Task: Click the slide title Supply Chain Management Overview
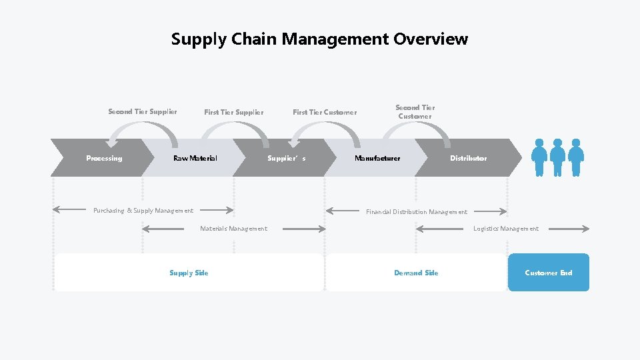tap(319, 39)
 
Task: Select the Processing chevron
tap(104, 158)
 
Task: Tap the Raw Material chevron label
tap(195, 158)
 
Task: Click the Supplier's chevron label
tap(286, 158)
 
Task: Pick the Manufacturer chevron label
tap(377, 158)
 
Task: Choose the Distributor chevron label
tap(468, 158)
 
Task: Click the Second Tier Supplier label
tap(143, 111)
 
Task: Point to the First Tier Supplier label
tap(233, 112)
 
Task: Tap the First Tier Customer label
tap(325, 112)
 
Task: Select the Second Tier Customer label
tap(415, 111)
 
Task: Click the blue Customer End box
tap(548, 273)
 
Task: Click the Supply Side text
tap(189, 273)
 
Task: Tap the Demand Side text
tap(416, 273)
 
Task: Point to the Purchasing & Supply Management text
tap(143, 211)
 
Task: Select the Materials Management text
tap(233, 229)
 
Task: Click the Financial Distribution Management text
tap(417, 212)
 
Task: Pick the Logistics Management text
tap(506, 229)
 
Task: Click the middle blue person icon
tap(558, 157)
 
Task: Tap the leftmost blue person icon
tap(539, 157)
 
